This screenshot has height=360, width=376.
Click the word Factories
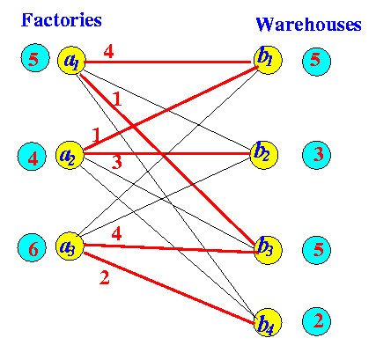click(x=62, y=20)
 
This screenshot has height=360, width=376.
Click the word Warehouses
click(x=308, y=24)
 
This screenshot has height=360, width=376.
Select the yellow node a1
click(x=71, y=61)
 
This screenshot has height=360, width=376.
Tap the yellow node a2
click(x=70, y=155)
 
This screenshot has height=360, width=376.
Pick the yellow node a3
click(x=70, y=246)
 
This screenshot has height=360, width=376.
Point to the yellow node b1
click(x=268, y=60)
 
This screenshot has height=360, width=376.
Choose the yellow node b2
click(x=263, y=155)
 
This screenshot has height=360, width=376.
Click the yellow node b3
click(x=268, y=250)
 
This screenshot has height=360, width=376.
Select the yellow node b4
click(x=268, y=322)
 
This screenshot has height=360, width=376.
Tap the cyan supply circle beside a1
click(x=35, y=58)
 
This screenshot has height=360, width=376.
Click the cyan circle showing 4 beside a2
click(x=32, y=157)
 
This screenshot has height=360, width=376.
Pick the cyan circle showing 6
click(x=32, y=247)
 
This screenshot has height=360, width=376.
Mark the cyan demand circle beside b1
click(x=316, y=62)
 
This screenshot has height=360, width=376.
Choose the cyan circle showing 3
click(x=316, y=155)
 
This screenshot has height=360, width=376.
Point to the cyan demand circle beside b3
click(x=316, y=250)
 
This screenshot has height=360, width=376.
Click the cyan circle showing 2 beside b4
click(x=316, y=321)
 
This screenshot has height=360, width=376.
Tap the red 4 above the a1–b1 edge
click(x=108, y=52)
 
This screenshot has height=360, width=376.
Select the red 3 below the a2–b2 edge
click(x=117, y=163)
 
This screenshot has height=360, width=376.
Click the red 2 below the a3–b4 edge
click(x=105, y=277)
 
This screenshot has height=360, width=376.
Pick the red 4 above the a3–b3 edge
click(x=116, y=234)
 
